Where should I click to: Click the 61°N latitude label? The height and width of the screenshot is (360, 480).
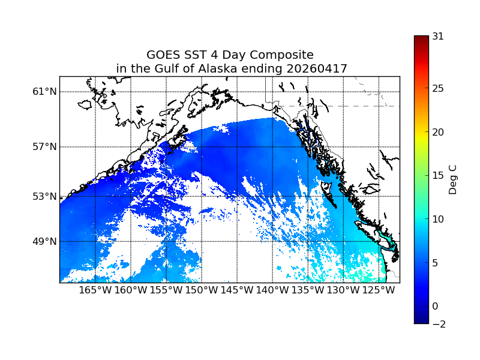point(45,92)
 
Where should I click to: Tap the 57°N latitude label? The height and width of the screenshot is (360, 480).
point(45,147)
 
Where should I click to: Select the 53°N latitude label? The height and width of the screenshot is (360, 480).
point(45,196)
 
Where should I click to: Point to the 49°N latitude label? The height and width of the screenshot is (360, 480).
point(45,242)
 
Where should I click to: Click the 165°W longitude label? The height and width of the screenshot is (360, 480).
point(95,291)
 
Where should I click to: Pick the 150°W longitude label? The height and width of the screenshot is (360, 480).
point(202,291)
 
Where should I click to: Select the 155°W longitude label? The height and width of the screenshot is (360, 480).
point(166,291)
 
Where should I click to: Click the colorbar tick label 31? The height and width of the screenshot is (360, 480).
point(438,37)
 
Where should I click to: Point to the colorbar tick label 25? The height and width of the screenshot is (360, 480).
point(438,89)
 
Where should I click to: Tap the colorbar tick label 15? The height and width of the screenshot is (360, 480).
point(438,176)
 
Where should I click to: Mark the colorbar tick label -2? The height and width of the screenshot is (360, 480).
point(438,324)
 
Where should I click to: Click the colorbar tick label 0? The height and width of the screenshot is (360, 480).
point(435,306)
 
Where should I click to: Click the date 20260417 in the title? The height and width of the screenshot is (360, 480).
point(319,69)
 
